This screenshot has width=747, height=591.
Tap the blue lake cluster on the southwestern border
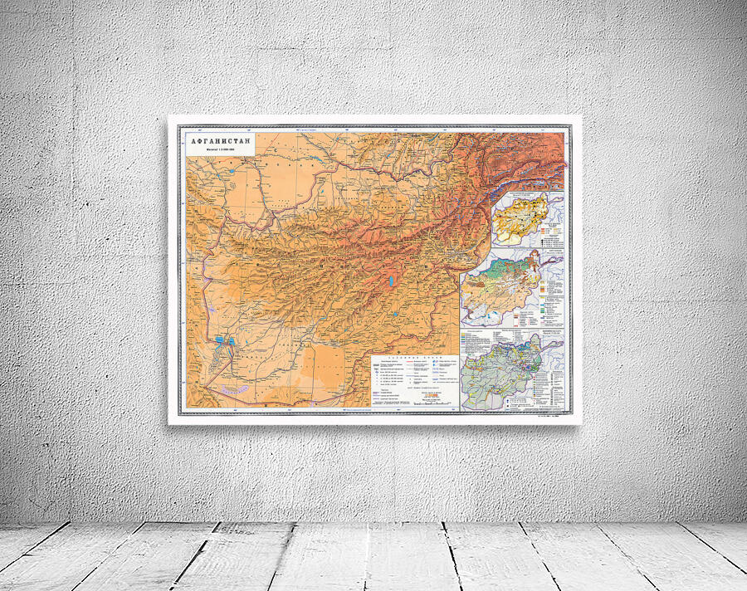point(222,339)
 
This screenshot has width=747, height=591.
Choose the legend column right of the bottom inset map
point(554,378)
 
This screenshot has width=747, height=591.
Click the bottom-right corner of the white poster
point(580,424)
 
